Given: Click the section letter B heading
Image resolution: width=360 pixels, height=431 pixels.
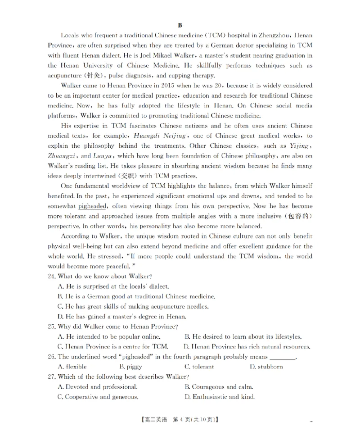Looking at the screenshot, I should click(x=180, y=25).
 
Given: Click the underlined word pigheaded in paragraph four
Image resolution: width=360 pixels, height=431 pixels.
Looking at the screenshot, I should click(x=92, y=206).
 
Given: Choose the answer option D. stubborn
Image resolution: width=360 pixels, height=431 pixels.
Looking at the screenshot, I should click(x=266, y=367).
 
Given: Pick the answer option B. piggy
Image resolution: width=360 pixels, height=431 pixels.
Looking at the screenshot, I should click(x=130, y=367).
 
